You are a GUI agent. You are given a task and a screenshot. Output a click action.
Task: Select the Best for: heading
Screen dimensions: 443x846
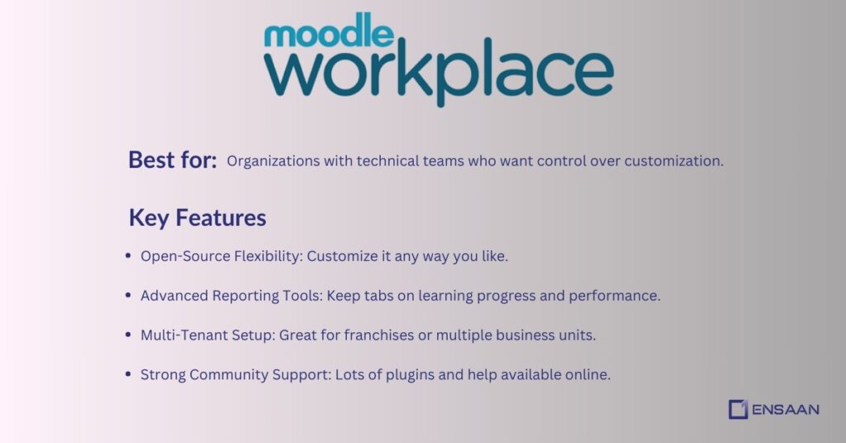click(173, 160)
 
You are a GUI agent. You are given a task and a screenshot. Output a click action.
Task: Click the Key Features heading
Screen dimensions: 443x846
click(197, 217)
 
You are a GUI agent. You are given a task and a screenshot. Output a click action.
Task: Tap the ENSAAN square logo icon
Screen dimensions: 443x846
click(738, 409)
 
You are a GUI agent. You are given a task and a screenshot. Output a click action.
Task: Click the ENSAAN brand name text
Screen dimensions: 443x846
click(786, 409)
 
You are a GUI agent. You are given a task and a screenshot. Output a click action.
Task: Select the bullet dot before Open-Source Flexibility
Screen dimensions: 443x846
click(128, 256)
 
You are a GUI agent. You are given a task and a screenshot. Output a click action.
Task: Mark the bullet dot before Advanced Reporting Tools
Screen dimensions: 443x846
click(128, 295)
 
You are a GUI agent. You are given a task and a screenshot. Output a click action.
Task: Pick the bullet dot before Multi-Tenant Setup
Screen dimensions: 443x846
click(128, 335)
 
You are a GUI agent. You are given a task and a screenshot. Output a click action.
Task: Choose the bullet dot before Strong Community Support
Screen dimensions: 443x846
click(128, 374)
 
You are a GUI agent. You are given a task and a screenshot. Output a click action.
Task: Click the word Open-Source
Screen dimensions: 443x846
click(180, 256)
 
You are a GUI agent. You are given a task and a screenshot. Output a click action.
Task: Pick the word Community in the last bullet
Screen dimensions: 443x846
click(227, 374)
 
